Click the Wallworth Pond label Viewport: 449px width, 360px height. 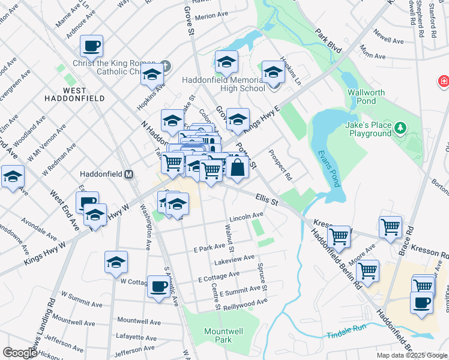(x=363, y=97)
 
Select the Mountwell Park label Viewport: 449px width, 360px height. (x=218, y=335)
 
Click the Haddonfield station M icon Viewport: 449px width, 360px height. (x=128, y=174)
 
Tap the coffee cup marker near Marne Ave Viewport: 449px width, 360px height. (x=91, y=46)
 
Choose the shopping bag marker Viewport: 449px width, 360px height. (x=238, y=168)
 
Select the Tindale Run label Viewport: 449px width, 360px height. (x=346, y=334)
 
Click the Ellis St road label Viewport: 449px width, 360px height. (x=267, y=198)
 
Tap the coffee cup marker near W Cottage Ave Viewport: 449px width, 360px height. (x=158, y=287)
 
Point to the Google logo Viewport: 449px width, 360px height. (x=20, y=353)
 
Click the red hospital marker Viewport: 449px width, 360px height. (x=444, y=80)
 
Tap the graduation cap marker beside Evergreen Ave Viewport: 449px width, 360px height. (x=12, y=177)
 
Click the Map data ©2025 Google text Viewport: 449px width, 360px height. (x=411, y=355)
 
